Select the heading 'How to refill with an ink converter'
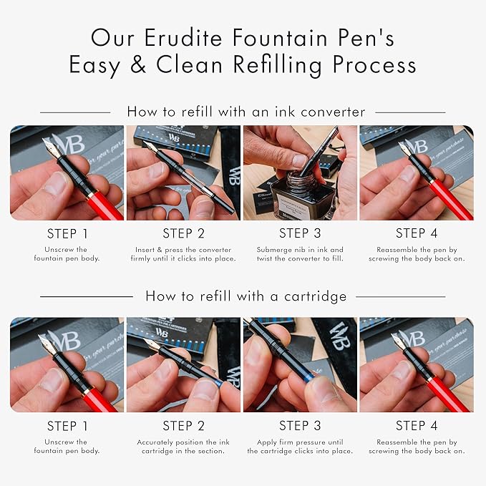tap(246, 112)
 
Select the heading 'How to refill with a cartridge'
tap(246, 296)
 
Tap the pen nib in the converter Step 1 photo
tap(52, 147)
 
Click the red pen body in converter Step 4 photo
tap(449, 200)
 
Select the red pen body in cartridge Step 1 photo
tap(100, 400)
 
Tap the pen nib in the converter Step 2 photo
tap(150, 147)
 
